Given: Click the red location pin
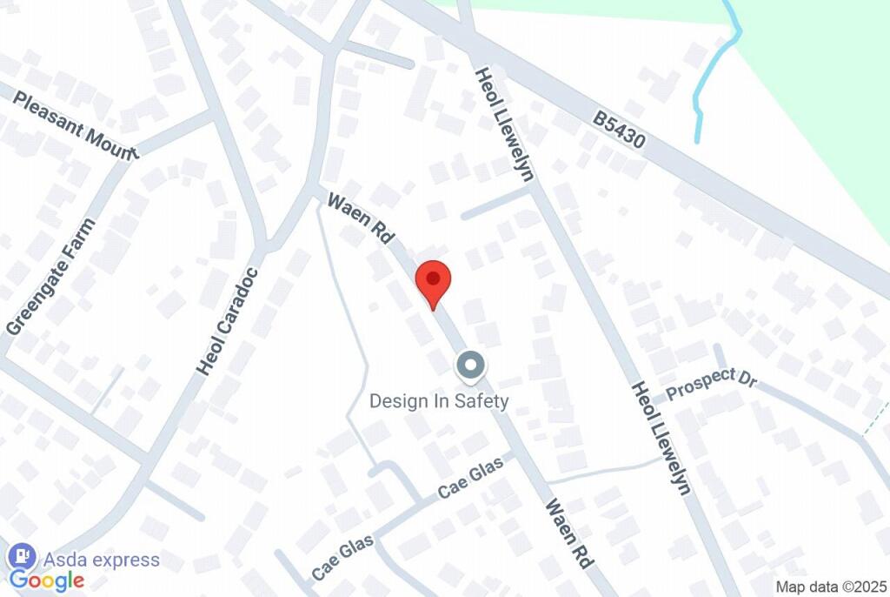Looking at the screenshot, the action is coord(433,280).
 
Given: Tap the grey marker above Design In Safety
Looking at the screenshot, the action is coord(471,366).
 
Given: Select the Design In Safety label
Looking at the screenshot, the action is coord(439,401).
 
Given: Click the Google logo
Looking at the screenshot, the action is coord(46,581).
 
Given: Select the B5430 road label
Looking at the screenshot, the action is coord(620,128).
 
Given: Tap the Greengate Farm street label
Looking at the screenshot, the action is coord(50,277).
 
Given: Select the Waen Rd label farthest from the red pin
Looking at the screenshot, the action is coord(568,533).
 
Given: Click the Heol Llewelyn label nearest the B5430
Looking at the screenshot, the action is coord(504,122).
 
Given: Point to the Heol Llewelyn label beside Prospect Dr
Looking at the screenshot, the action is coord(661,438).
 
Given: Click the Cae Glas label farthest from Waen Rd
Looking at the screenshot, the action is coord(342,557).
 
